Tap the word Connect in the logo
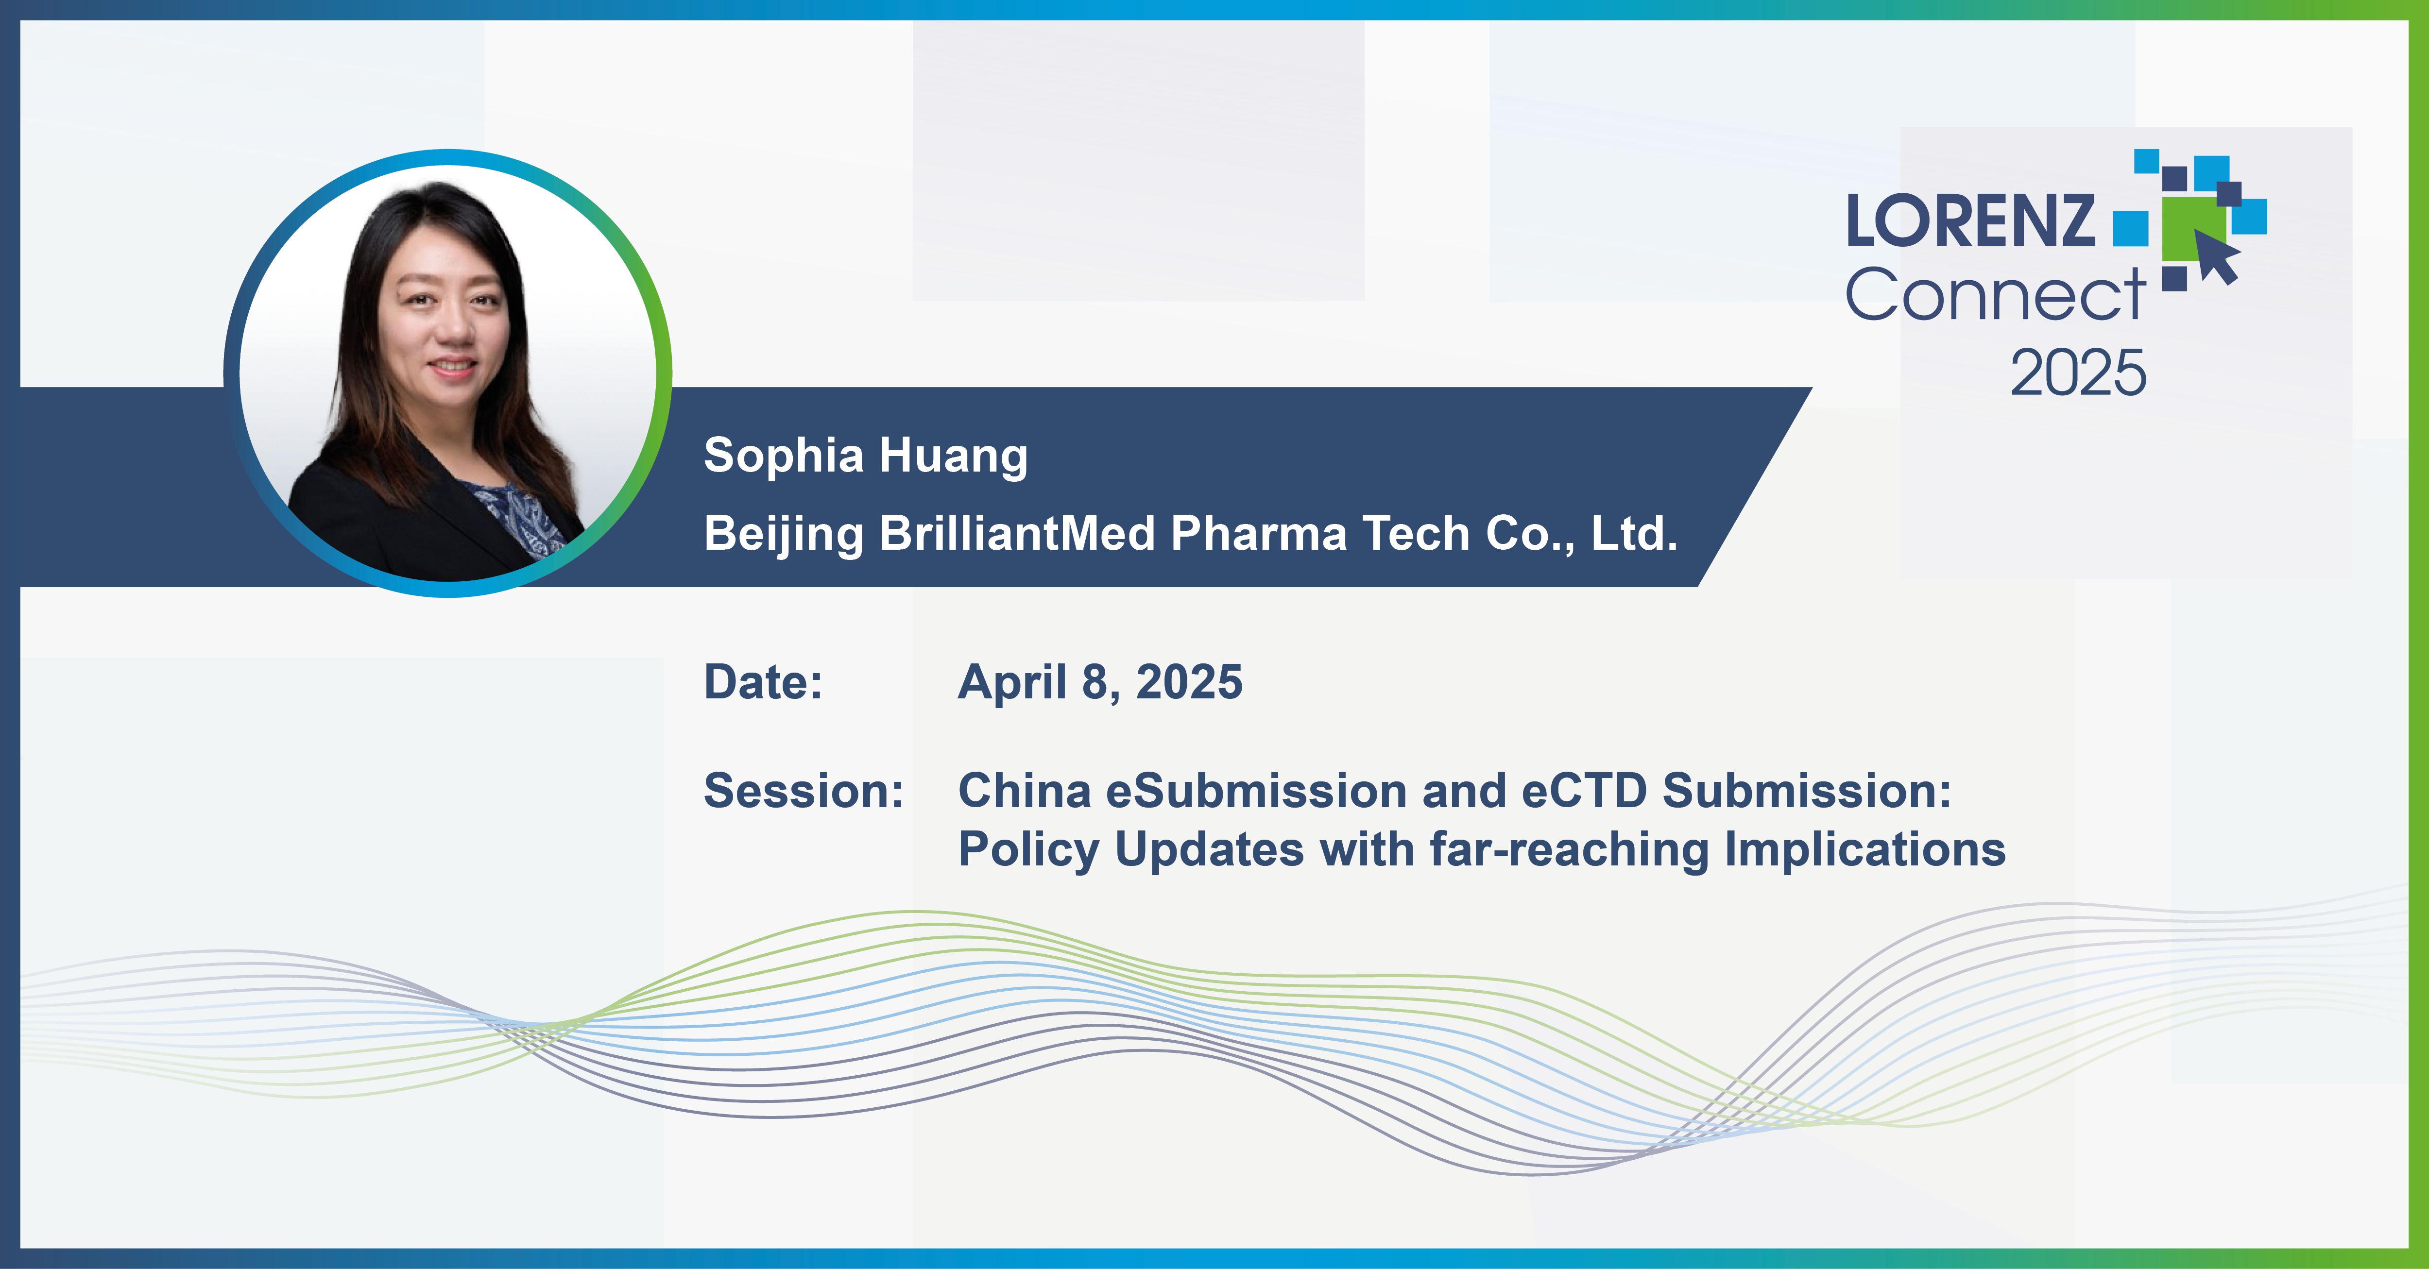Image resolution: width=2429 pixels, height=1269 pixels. (x=1994, y=295)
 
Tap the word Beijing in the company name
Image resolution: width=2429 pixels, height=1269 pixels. (x=783, y=535)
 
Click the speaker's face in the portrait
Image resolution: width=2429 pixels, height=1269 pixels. (x=443, y=321)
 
